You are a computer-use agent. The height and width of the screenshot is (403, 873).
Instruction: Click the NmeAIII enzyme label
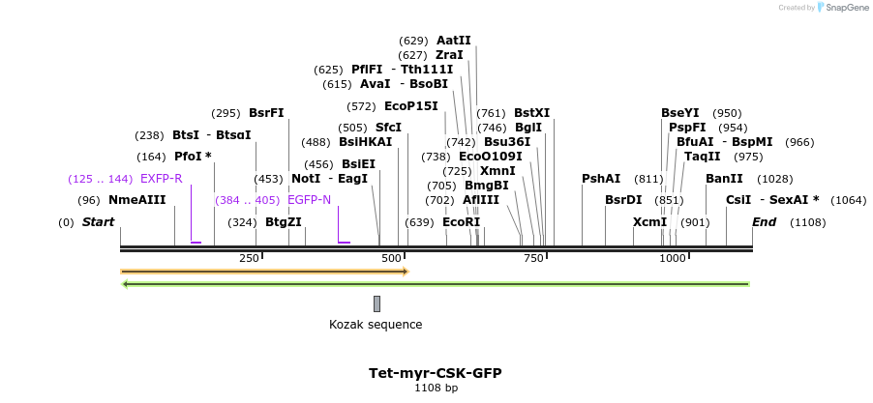(136, 200)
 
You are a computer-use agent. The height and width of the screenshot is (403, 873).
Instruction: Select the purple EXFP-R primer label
(161, 179)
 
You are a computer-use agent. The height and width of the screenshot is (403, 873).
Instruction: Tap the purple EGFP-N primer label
(309, 200)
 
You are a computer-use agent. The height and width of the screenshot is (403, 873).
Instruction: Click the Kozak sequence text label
(376, 325)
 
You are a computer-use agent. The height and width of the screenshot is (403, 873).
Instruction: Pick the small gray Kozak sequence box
(376, 303)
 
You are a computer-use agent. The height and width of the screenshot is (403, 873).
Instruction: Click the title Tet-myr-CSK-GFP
(435, 373)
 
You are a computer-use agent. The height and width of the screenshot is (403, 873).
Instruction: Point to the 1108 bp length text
(436, 389)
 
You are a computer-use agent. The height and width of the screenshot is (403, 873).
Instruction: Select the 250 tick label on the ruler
(249, 258)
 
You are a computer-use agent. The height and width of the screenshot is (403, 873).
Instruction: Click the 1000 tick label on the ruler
(673, 258)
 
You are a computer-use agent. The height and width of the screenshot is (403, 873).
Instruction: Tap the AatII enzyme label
(453, 41)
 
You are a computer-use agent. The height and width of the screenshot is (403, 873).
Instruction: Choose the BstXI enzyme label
(531, 113)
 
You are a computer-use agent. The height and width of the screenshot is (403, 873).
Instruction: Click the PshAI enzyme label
(601, 179)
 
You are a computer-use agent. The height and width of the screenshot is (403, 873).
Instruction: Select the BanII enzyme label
(724, 179)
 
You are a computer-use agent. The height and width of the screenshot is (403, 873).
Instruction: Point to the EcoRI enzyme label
(461, 222)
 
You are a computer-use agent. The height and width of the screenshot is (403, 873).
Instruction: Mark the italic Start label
(98, 222)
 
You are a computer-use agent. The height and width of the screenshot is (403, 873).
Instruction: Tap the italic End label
(764, 222)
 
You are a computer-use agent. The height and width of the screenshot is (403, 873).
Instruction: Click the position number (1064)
(848, 200)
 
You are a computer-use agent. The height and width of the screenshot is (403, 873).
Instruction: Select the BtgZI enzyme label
(284, 222)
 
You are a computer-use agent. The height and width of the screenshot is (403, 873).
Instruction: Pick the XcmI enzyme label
(649, 222)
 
